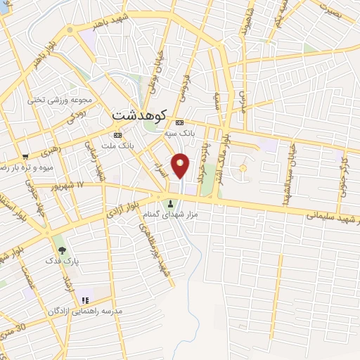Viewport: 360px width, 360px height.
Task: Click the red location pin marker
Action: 181,165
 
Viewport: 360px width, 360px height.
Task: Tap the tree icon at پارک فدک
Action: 62,250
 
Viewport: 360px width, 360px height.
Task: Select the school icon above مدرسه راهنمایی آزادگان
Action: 85,301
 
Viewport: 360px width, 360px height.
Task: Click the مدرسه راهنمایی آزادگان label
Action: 85,311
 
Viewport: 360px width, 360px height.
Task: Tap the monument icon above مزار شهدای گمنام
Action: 171,204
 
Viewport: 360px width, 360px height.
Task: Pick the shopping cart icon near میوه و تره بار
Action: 25,156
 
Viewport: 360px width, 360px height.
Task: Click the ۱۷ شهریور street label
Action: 70,184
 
